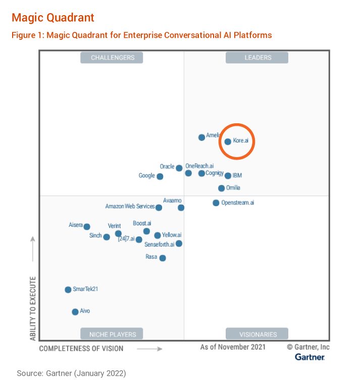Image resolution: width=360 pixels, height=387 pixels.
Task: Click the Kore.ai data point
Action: tap(228, 141)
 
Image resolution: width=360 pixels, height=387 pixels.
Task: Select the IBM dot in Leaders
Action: tap(228, 176)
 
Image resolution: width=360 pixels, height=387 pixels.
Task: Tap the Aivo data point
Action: tap(75, 312)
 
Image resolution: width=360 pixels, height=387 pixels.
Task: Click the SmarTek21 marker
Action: tap(68, 289)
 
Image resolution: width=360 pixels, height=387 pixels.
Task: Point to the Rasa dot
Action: tap(163, 258)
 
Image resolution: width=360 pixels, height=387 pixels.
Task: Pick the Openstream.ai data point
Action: tap(216, 203)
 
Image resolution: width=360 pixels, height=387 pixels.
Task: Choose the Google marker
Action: tap(160, 176)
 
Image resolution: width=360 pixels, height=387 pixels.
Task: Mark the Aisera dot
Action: tap(87, 226)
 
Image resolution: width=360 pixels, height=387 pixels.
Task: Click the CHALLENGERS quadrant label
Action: tap(112, 58)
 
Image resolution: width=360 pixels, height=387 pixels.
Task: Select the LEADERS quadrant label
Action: tap(257, 58)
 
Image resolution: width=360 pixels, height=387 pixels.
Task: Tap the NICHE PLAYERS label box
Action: tap(112, 334)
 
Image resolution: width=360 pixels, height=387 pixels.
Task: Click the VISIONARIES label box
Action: tap(257, 334)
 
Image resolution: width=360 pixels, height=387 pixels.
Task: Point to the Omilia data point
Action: tap(221, 188)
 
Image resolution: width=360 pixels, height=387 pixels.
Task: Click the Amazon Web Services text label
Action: tap(130, 207)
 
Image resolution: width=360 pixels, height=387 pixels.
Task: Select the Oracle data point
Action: tap(179, 168)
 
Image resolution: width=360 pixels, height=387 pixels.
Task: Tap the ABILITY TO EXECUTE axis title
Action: tap(33, 308)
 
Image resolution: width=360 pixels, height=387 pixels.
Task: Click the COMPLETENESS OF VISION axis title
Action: tap(81, 348)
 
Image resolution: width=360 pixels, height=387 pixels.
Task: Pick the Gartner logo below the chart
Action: tap(310, 357)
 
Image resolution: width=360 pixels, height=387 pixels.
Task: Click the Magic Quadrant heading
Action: tap(53, 18)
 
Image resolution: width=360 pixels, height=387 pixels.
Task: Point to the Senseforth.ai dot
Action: tap(179, 244)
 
